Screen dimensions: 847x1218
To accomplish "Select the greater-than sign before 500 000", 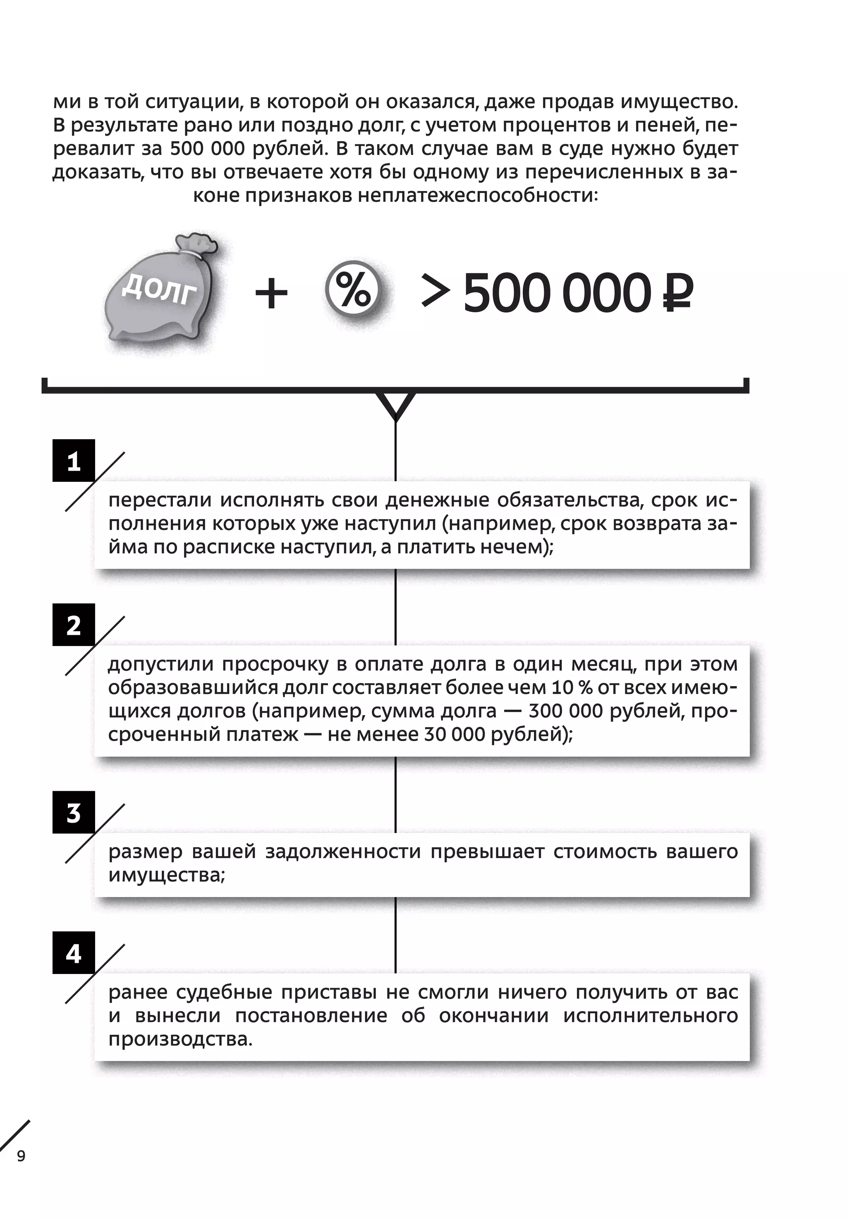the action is coord(435,290).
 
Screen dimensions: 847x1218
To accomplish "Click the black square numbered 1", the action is coord(73,460).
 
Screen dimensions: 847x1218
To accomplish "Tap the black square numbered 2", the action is coord(73,625).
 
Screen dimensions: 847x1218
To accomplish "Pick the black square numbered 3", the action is coord(73,812).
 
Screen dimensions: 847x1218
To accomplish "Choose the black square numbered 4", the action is coord(73,952).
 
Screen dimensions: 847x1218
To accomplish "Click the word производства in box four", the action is coord(180,1039).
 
